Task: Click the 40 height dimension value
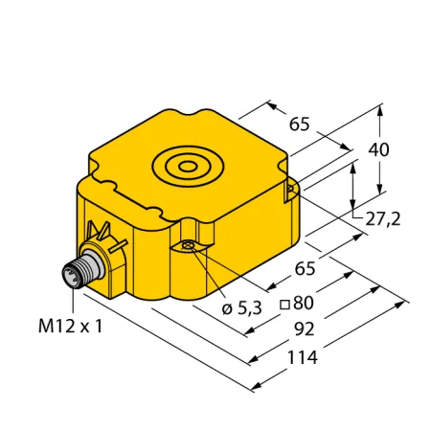point(378,149)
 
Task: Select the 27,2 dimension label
point(383,219)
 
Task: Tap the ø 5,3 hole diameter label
point(242,308)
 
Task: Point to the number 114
point(303,357)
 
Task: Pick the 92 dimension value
point(305,329)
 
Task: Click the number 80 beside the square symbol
point(304,303)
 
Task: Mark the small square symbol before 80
point(284,305)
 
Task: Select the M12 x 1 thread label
point(71,327)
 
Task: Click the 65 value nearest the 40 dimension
point(300,124)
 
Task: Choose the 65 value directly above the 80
point(305,268)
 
